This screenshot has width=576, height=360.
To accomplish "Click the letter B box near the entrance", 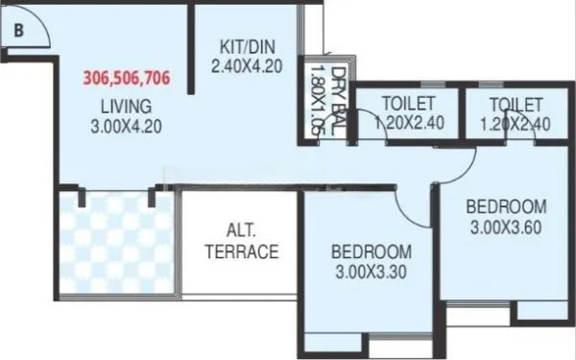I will [x=19, y=30].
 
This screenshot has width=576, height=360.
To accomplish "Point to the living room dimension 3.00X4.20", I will [x=126, y=125].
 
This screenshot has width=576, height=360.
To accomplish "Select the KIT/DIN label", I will [x=243, y=45].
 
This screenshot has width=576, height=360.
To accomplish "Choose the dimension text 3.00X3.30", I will [x=372, y=273].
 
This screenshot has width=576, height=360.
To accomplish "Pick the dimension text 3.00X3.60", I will [x=506, y=228].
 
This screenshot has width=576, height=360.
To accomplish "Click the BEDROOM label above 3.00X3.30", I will [x=372, y=252].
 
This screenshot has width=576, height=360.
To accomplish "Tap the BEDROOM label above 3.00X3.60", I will [x=506, y=206].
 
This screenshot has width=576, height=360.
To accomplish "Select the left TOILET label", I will [x=409, y=104].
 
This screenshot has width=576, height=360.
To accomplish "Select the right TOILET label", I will [x=516, y=104].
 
